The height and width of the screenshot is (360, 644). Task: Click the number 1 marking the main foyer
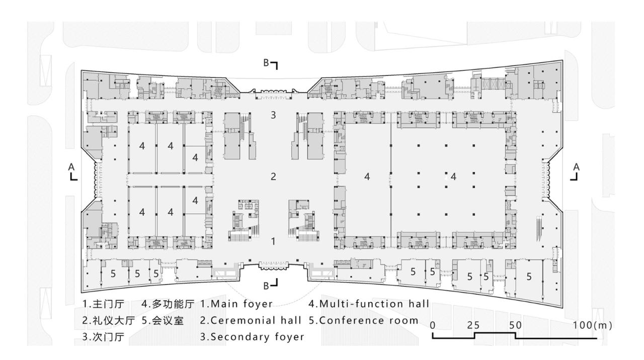(273, 241)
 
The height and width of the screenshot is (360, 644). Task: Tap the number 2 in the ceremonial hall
(273, 176)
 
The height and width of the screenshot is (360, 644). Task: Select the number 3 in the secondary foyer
(273, 115)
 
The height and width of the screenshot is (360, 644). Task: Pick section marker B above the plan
(270, 64)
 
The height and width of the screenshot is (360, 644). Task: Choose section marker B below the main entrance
(270, 285)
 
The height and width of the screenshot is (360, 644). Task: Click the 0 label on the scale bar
(433, 325)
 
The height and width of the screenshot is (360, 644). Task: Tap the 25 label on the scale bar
(473, 325)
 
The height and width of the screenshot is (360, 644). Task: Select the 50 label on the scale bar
(515, 325)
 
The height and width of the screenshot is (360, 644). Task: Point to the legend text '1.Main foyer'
(236, 304)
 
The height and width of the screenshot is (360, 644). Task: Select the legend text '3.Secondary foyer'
(252, 337)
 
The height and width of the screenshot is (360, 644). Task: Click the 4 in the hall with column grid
(454, 176)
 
